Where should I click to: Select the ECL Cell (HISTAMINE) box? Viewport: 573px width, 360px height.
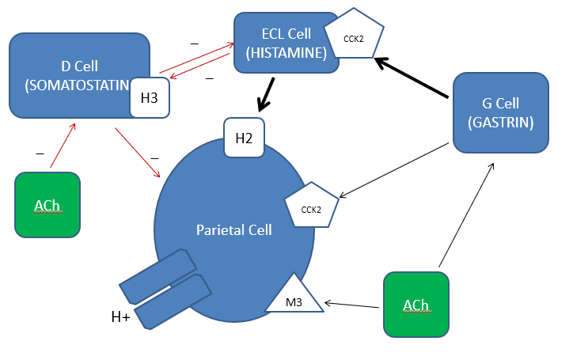coord(281,44)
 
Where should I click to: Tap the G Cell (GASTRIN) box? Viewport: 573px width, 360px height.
coord(500,112)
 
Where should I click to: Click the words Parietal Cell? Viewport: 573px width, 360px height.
coord(234,229)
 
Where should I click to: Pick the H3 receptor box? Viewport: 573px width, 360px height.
coord(150,98)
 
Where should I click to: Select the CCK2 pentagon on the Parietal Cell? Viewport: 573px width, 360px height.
coord(311,208)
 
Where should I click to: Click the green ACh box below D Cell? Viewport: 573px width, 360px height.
coord(48,206)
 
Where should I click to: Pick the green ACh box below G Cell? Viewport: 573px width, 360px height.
coord(416,305)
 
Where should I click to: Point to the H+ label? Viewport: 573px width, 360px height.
coord(121,318)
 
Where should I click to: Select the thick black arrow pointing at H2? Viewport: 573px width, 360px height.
coord(265,94)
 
